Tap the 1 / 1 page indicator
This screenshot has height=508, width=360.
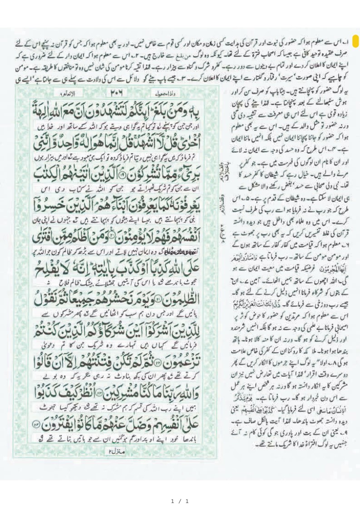[179, 501]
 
